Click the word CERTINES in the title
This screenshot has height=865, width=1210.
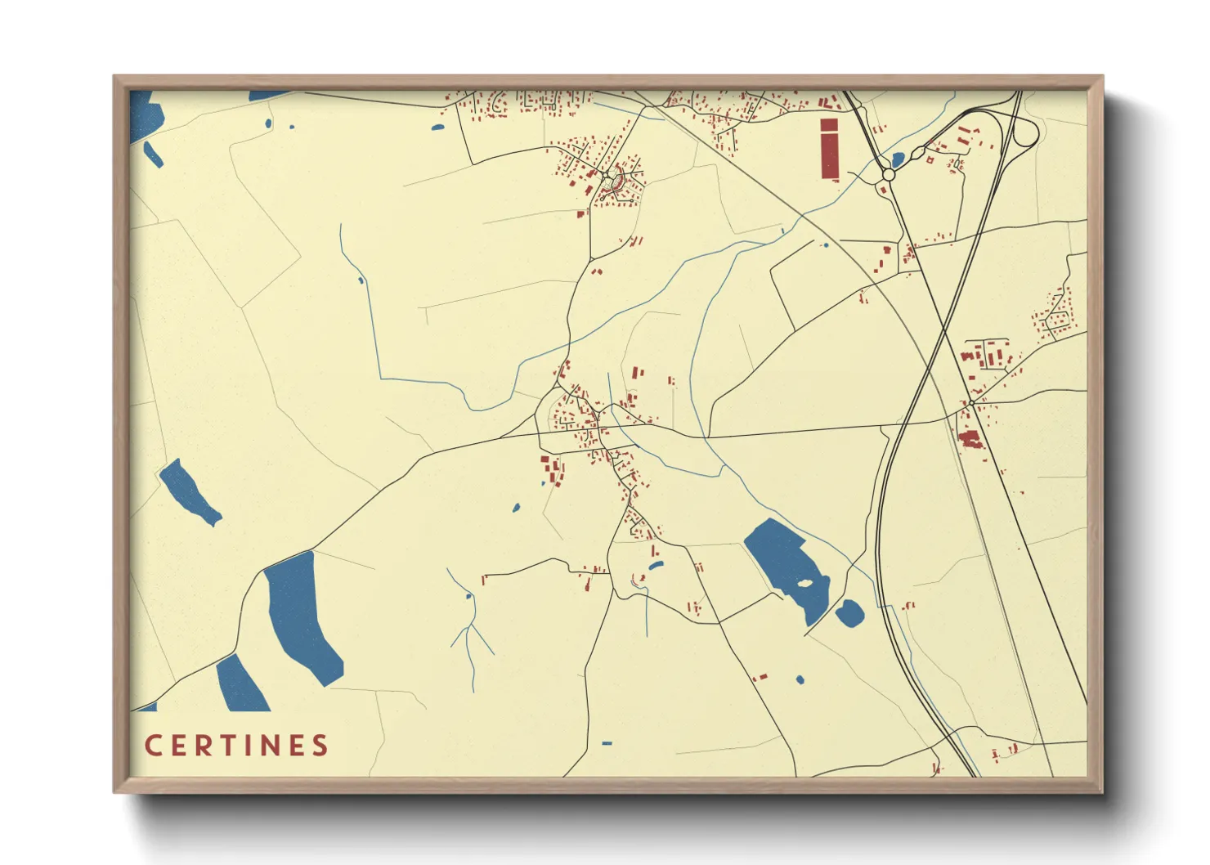(236, 746)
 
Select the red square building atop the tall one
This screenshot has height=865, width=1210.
(829, 124)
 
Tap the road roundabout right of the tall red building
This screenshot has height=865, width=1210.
(888, 175)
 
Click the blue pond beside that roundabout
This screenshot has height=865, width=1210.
(897, 159)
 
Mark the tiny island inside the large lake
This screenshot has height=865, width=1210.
(804, 583)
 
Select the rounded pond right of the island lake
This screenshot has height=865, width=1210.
(849, 613)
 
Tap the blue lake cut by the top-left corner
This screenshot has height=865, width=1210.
(141, 115)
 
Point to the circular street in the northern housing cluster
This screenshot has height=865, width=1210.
(615, 176)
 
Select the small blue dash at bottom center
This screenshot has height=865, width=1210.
(606, 743)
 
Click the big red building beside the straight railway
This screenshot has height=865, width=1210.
(970, 440)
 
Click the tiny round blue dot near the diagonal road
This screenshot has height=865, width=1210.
(824, 244)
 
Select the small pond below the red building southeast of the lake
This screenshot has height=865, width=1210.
(800, 679)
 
